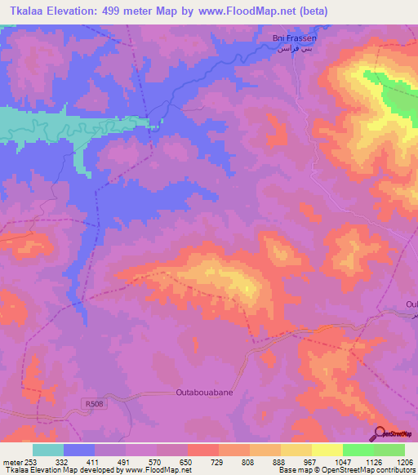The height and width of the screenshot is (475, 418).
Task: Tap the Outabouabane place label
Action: coord(206,393)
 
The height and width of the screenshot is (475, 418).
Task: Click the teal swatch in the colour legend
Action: coord(48,450)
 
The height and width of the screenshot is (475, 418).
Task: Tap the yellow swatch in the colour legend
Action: coord(327,450)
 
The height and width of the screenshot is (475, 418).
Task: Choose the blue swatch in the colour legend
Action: coord(79,450)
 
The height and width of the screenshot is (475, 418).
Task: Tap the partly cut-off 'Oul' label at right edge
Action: coord(411,304)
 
